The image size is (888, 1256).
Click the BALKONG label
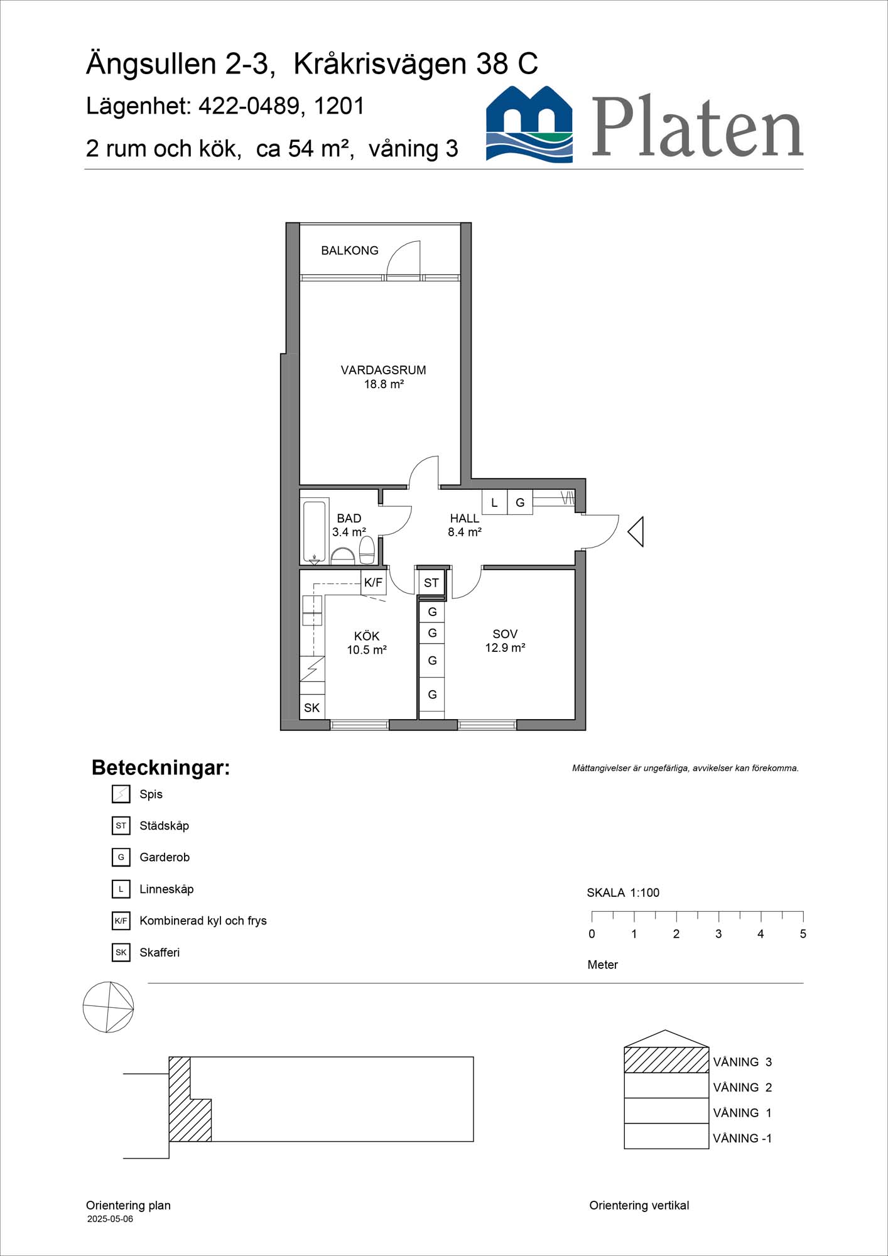349,251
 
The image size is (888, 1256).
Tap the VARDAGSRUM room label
383,371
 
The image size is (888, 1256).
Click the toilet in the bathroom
367,549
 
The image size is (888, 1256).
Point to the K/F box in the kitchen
373,582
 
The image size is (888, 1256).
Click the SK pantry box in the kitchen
312,707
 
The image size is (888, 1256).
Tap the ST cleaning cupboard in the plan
431,583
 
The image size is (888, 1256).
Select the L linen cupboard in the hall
494,502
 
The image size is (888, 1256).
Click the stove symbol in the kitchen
312,669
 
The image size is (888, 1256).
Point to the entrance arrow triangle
637,531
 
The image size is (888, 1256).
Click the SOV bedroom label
505,634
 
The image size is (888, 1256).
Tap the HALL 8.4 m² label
464,525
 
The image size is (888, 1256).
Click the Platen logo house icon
529,125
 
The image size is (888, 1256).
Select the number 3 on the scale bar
718,934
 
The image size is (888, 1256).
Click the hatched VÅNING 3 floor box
666,1060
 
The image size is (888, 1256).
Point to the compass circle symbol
108,1007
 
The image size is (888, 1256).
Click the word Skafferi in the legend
160,953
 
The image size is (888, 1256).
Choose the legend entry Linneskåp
166,889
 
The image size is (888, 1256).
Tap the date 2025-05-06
110,1219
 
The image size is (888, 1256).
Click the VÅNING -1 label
742,1138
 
